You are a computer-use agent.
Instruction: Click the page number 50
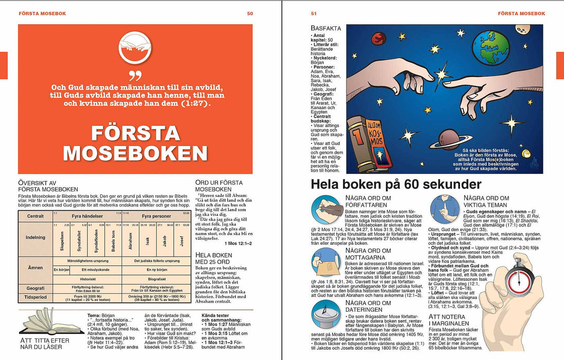click(x=250, y=13)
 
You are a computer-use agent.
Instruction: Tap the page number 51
click(x=314, y=13)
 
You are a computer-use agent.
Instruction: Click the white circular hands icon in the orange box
click(x=135, y=47)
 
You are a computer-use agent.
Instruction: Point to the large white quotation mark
click(x=135, y=77)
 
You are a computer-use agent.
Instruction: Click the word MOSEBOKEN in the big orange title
click(x=135, y=153)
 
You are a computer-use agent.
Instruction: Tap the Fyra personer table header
click(x=156, y=216)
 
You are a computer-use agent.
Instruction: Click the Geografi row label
click(x=35, y=289)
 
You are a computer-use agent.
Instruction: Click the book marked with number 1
click(x=359, y=145)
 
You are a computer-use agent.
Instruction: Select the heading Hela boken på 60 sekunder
click(x=396, y=185)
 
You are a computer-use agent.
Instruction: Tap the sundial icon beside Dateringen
click(x=326, y=315)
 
